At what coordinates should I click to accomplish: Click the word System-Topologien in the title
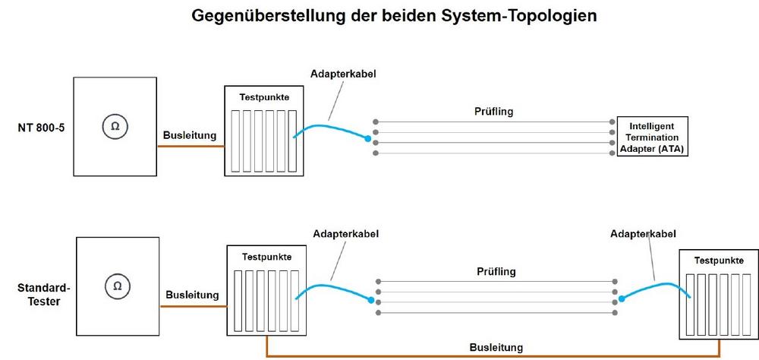(x=531, y=15)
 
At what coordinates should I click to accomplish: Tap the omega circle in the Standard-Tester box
(x=117, y=286)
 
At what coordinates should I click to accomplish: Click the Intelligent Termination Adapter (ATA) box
(x=652, y=137)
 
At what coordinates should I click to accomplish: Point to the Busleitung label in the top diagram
(x=190, y=136)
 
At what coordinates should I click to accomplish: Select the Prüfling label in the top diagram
(x=493, y=111)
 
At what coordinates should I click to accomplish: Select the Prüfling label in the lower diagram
(x=497, y=271)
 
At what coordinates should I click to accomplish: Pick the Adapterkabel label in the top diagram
(x=344, y=74)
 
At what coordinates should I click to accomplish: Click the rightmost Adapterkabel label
(x=643, y=234)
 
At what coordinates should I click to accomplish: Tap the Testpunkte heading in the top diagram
(x=264, y=98)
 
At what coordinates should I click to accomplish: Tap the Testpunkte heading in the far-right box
(x=718, y=260)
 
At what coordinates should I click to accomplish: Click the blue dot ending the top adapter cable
(x=368, y=140)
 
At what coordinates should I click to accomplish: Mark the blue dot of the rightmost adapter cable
(x=621, y=298)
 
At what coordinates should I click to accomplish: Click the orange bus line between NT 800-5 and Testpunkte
(x=190, y=147)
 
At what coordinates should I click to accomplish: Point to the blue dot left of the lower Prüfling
(x=370, y=300)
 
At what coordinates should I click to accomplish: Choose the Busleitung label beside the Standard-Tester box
(x=193, y=295)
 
